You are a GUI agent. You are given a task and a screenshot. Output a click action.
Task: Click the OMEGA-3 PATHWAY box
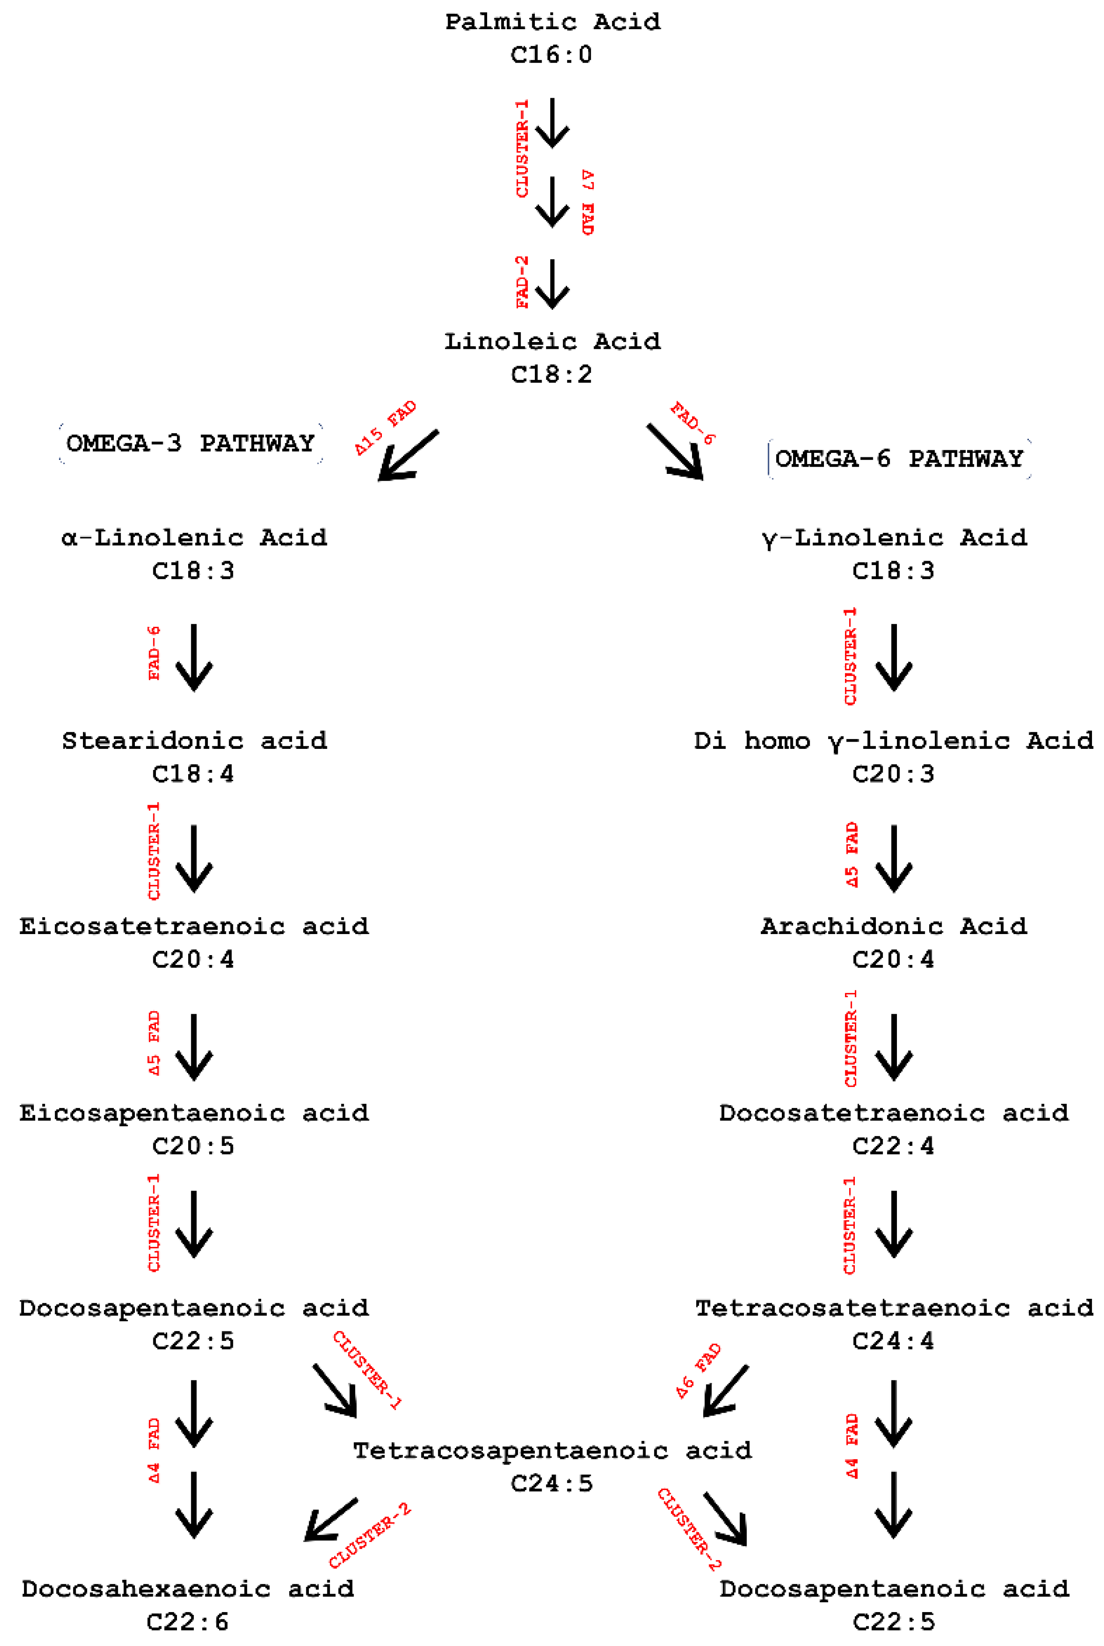[x=191, y=443]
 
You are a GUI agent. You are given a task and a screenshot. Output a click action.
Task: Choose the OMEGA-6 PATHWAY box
[x=899, y=459]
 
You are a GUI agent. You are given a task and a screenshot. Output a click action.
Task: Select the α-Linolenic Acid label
[x=194, y=538]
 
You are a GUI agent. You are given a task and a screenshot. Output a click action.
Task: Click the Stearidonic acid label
[x=194, y=741]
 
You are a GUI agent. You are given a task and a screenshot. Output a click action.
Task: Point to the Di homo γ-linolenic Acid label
[x=893, y=741]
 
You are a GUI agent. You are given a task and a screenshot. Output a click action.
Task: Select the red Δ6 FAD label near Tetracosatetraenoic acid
[x=698, y=1370]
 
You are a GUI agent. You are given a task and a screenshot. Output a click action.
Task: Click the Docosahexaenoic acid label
[x=187, y=1589]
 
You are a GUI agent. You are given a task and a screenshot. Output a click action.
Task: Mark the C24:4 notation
[x=893, y=1341]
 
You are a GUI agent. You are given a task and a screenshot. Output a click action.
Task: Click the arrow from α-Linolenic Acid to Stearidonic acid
[x=194, y=657]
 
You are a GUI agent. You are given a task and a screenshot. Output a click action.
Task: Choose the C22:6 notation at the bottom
[x=187, y=1622]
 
